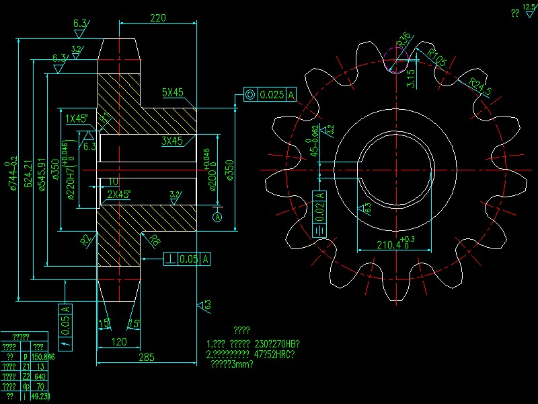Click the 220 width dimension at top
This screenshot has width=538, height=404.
coord(158,18)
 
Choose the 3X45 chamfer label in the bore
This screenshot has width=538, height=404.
coord(172,141)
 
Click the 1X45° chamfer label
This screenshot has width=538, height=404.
coord(77,119)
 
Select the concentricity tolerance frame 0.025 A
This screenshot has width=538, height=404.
coord(270,95)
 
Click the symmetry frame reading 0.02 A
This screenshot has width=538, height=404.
coord(320,214)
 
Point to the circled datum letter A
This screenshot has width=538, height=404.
coord(217,217)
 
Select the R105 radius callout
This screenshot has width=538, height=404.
coord(437,59)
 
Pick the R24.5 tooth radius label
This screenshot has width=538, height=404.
coord(480,86)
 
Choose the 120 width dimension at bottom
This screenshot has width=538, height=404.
coord(118,342)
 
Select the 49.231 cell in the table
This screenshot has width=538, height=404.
coord(41,397)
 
